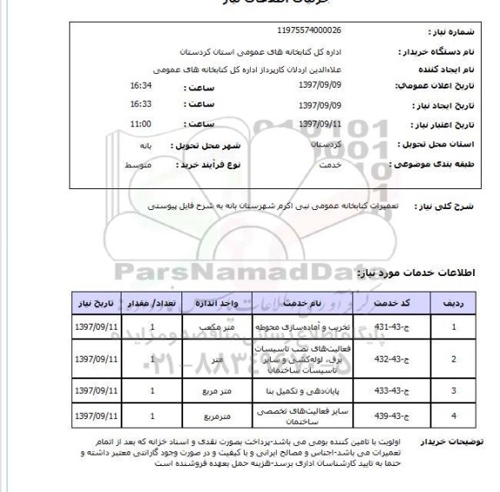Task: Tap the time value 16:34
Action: coord(140,86)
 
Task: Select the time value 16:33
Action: coord(140,104)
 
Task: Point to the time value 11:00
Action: coord(141,123)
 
